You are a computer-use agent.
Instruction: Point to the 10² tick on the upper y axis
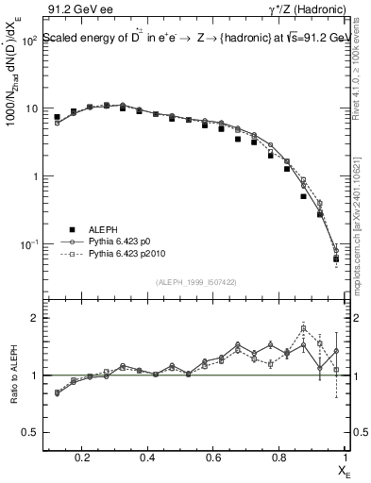(x=29, y=42)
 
